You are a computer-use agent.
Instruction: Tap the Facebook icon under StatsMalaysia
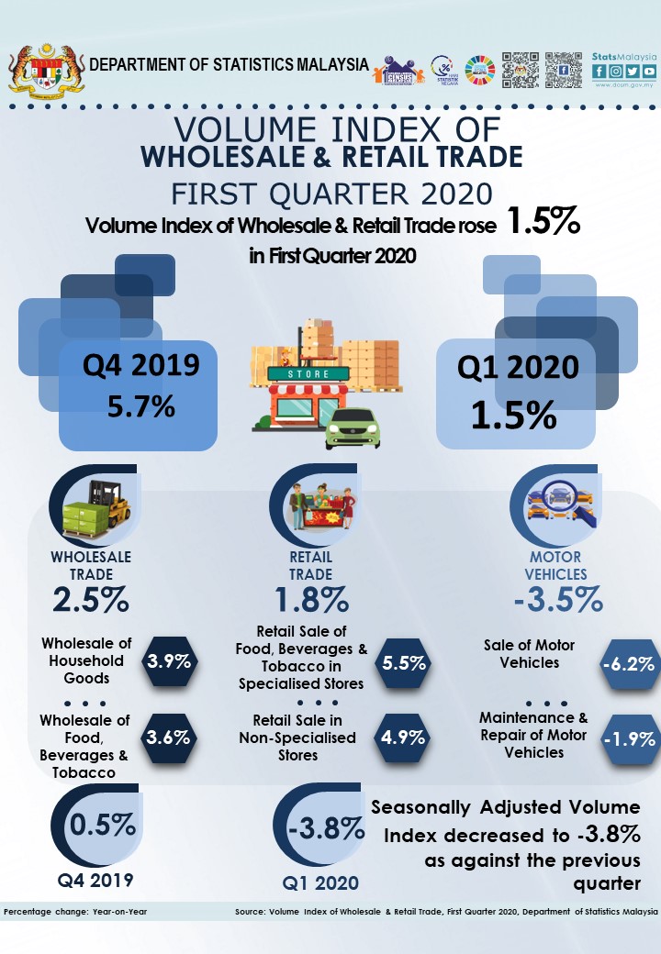point(599,71)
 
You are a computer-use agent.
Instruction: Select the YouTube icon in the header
point(649,71)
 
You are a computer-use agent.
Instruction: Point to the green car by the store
point(353,428)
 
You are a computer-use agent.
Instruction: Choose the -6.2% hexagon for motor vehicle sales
point(629,662)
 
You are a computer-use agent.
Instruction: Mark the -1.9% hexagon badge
point(629,738)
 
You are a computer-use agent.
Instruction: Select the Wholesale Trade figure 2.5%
point(90,600)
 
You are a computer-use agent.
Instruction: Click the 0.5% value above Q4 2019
point(103,825)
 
